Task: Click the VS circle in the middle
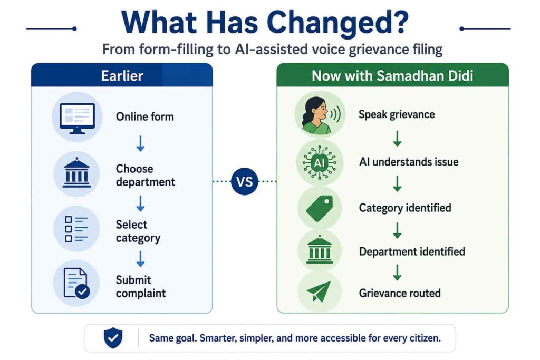click(245, 181)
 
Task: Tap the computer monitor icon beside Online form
click(77, 118)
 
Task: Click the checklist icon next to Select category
click(76, 229)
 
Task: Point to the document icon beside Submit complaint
click(76, 283)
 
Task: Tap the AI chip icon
click(320, 162)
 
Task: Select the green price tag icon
click(320, 208)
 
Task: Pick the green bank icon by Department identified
click(320, 249)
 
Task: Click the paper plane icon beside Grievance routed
click(319, 291)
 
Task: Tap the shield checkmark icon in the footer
click(113, 338)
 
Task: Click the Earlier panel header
click(122, 75)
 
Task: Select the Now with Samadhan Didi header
click(392, 75)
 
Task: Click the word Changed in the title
click(337, 23)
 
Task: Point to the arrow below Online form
click(140, 143)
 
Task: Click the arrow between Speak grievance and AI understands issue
click(398, 138)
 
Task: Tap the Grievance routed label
click(400, 293)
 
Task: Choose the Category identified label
click(405, 208)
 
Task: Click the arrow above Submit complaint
click(140, 259)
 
